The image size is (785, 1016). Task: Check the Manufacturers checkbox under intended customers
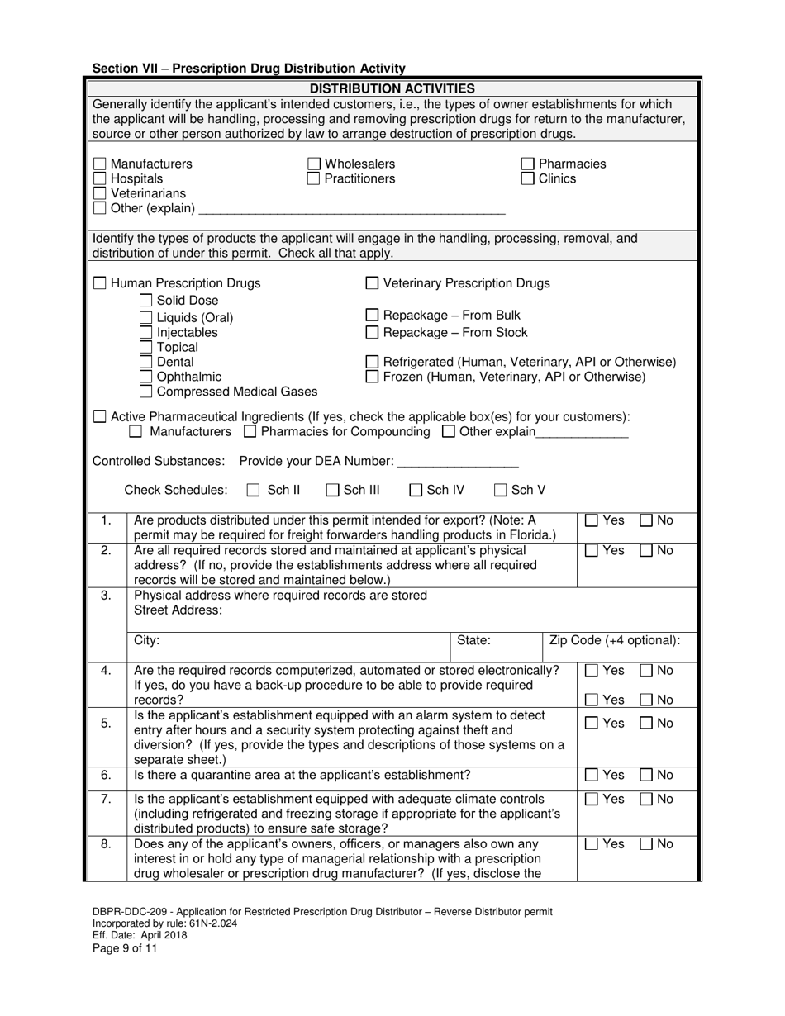pyautogui.click(x=100, y=164)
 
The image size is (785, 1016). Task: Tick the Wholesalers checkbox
pyautogui.click(x=314, y=164)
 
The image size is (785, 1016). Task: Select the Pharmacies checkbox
pyautogui.click(x=528, y=164)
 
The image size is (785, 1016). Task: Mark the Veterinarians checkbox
pyautogui.click(x=100, y=193)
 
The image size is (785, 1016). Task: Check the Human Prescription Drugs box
pyautogui.click(x=100, y=283)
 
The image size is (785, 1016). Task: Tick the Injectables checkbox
pyautogui.click(x=146, y=333)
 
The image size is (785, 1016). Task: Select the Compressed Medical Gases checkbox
pyautogui.click(x=146, y=392)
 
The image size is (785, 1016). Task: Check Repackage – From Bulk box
pyautogui.click(x=373, y=316)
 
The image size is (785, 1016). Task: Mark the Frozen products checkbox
pyautogui.click(x=373, y=377)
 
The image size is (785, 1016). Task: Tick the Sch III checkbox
pyautogui.click(x=333, y=491)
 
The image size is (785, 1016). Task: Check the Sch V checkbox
pyautogui.click(x=501, y=491)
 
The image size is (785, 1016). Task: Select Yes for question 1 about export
pyautogui.click(x=592, y=520)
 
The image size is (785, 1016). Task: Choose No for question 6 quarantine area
pyautogui.click(x=647, y=775)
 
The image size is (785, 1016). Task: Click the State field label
pyautogui.click(x=473, y=640)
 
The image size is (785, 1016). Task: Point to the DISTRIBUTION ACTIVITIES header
pyautogui.click(x=392, y=88)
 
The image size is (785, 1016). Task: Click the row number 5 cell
pyautogui.click(x=106, y=724)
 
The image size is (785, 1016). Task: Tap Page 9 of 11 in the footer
pyautogui.click(x=125, y=948)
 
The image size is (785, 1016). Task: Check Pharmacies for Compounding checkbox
pyautogui.click(x=251, y=432)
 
